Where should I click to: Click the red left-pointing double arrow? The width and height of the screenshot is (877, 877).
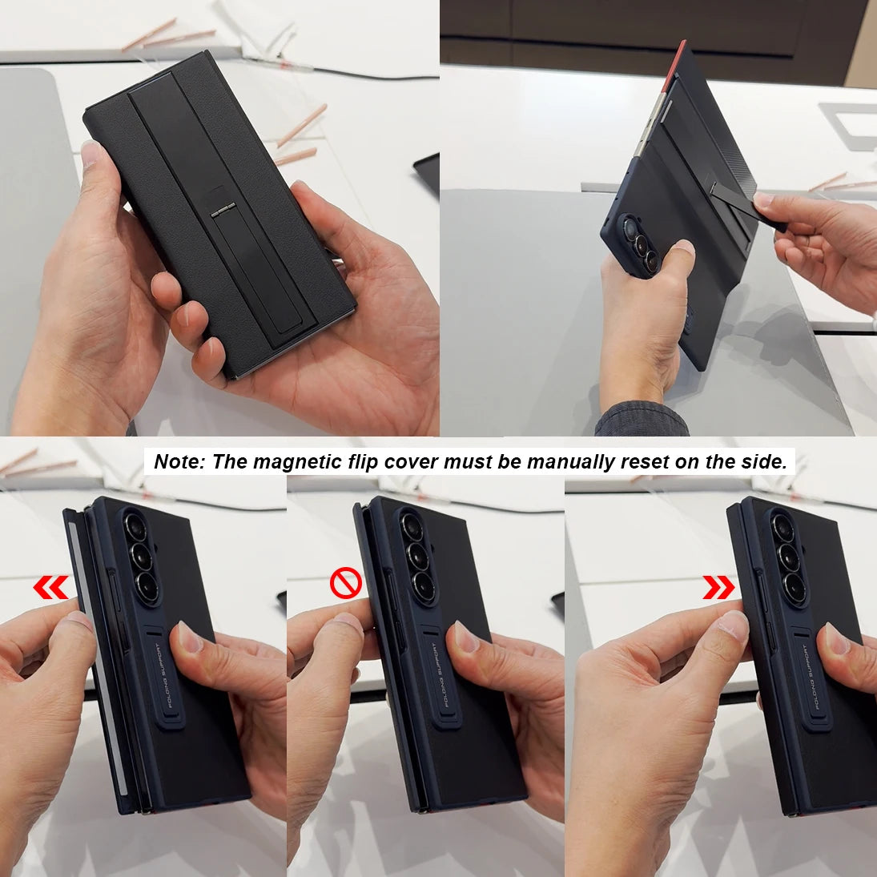pos(50,589)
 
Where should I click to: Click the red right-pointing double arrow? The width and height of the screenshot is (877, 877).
pos(718,587)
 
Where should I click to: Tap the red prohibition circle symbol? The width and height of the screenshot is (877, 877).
pos(345,584)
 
